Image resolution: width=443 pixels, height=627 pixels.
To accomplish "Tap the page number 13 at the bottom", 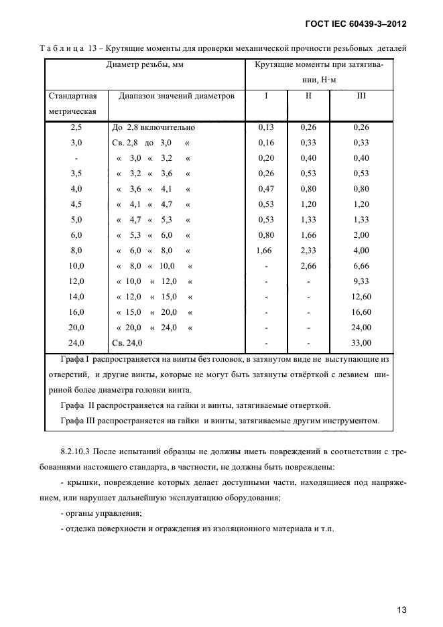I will point(401,610).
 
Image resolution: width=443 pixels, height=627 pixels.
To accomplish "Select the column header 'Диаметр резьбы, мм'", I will point(145,65).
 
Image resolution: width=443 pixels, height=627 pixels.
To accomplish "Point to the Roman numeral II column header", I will point(308,96).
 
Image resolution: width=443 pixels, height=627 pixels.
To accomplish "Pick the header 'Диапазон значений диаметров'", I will point(177,96).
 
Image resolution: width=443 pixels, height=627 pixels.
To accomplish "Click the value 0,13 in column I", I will point(266,127).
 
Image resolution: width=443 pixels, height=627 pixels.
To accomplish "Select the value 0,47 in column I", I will point(266,188).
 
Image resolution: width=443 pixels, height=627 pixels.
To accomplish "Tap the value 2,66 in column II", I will point(308,265).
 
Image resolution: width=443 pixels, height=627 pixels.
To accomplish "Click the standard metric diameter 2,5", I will point(76,127).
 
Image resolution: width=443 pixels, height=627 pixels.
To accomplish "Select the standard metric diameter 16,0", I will point(76,311).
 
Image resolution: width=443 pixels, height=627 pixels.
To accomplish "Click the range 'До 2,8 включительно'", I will point(153,127).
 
